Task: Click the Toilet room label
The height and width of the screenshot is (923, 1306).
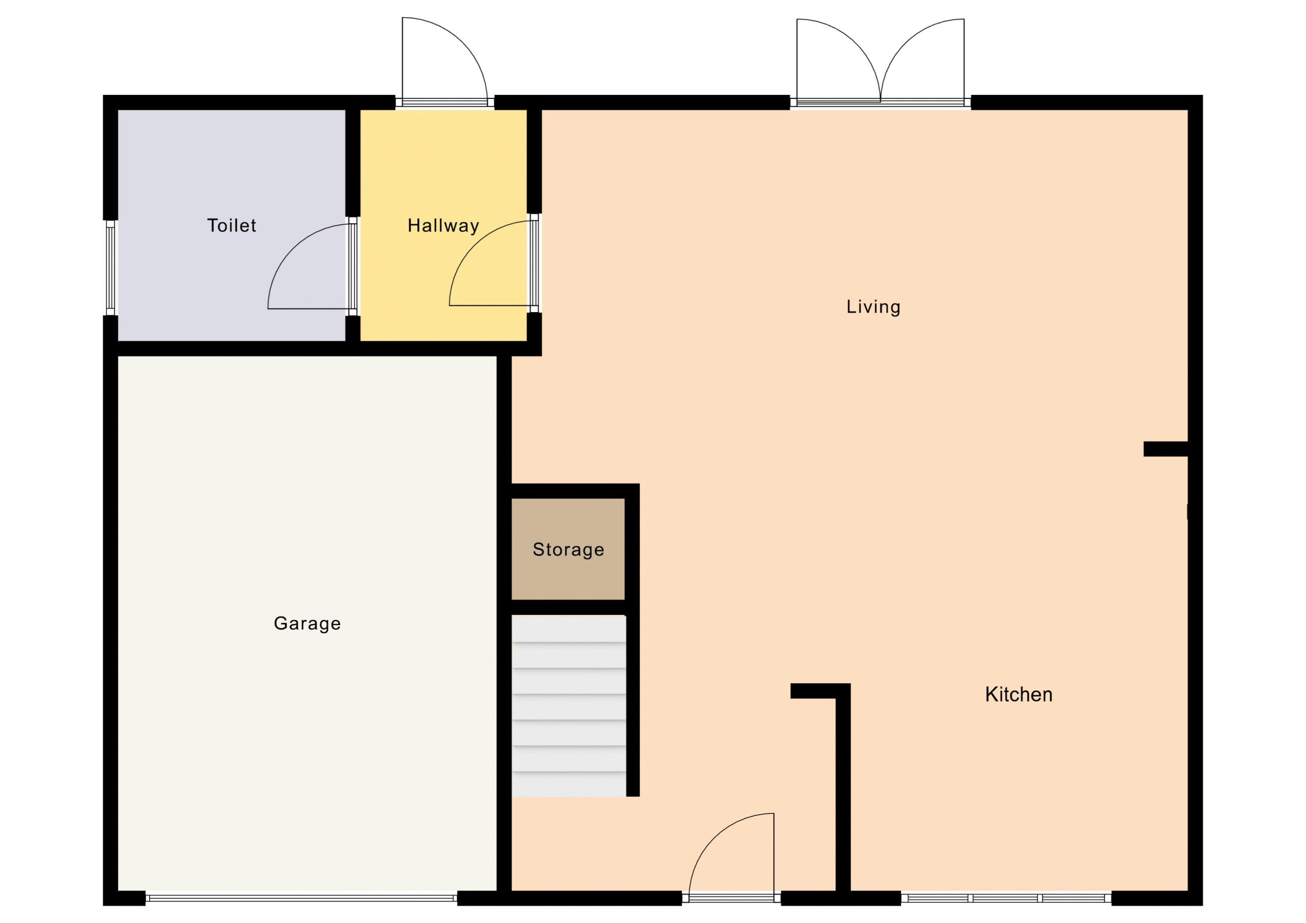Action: (x=232, y=226)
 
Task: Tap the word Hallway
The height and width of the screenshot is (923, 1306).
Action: (x=443, y=226)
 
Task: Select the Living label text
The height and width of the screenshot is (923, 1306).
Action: (x=873, y=307)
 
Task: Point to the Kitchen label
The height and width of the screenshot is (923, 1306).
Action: (x=1018, y=695)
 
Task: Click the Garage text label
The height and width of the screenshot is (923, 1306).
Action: (x=307, y=624)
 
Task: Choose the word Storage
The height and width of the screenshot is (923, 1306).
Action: (x=568, y=550)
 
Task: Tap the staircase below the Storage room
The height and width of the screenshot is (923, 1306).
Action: (x=569, y=706)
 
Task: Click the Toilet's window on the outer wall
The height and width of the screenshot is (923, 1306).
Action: (x=110, y=267)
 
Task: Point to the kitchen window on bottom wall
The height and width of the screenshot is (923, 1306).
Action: (x=1006, y=898)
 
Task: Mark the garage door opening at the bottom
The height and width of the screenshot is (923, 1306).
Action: (x=302, y=898)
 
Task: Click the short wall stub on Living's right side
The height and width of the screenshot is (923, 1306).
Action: (x=1166, y=449)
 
